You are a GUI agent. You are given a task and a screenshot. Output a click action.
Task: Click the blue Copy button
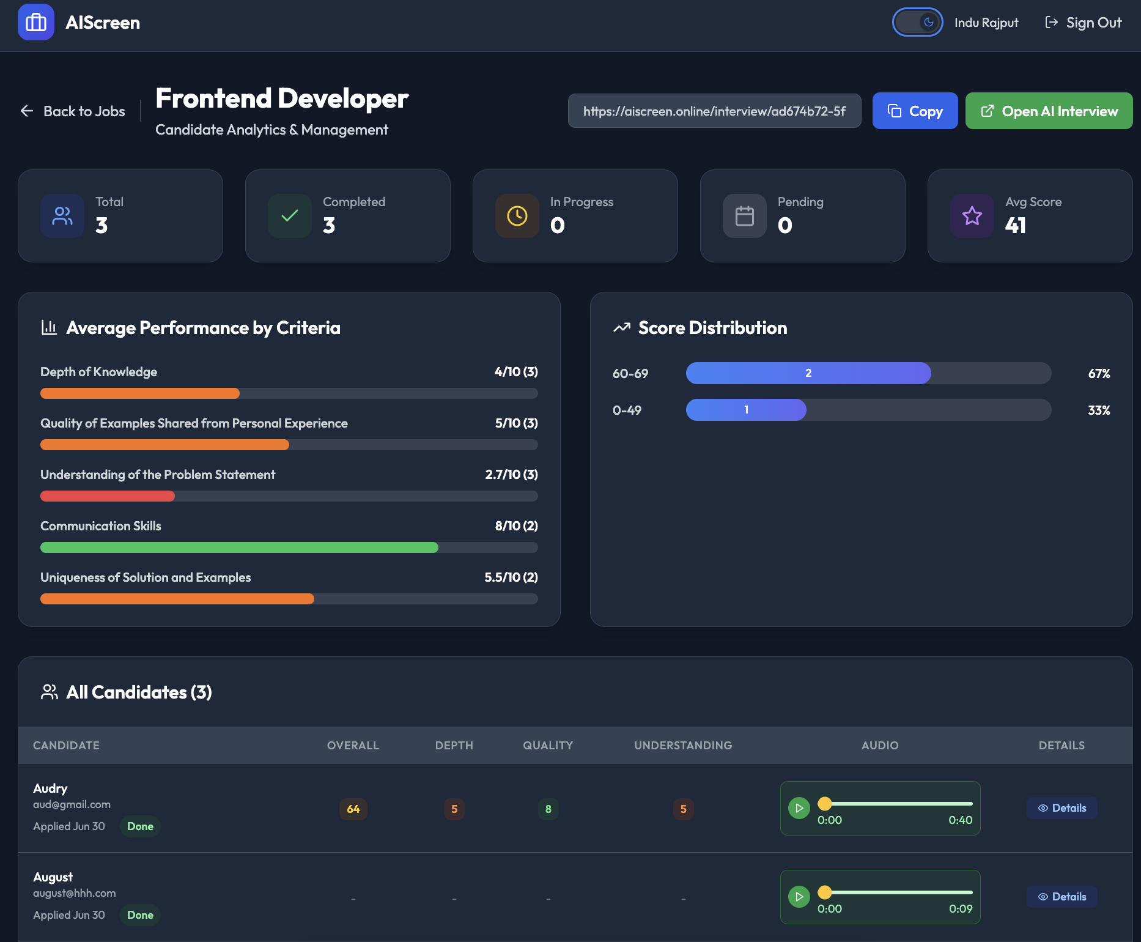[915, 111]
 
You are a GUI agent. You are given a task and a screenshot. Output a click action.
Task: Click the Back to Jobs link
[73, 111]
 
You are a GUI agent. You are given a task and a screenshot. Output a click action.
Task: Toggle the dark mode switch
[917, 23]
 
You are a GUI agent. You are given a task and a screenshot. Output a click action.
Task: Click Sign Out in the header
[1084, 23]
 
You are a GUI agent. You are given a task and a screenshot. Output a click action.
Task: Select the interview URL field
[714, 111]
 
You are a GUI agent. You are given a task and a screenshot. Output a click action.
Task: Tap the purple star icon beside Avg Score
[972, 216]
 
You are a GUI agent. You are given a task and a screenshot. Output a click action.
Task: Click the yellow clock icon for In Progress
[517, 216]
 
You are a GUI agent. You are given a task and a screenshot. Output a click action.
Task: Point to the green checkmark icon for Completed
[290, 216]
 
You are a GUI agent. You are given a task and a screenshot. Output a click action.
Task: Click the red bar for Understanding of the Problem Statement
[108, 496]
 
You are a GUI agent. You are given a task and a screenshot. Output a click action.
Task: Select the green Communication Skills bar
[239, 547]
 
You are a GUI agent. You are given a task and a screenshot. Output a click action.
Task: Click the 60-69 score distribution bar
[808, 373]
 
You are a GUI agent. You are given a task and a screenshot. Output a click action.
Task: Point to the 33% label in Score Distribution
[1099, 410]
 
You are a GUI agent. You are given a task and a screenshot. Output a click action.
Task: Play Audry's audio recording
[799, 808]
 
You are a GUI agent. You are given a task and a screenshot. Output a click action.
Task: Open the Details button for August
[1062, 897]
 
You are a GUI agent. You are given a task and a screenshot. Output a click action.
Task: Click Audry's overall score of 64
[353, 809]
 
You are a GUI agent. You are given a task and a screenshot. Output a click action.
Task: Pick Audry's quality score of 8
[548, 809]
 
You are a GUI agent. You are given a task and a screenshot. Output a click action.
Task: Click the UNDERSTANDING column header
[683, 746]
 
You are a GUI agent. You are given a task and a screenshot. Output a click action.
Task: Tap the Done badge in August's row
[140, 915]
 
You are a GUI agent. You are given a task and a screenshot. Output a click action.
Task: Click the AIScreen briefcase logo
[36, 23]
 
